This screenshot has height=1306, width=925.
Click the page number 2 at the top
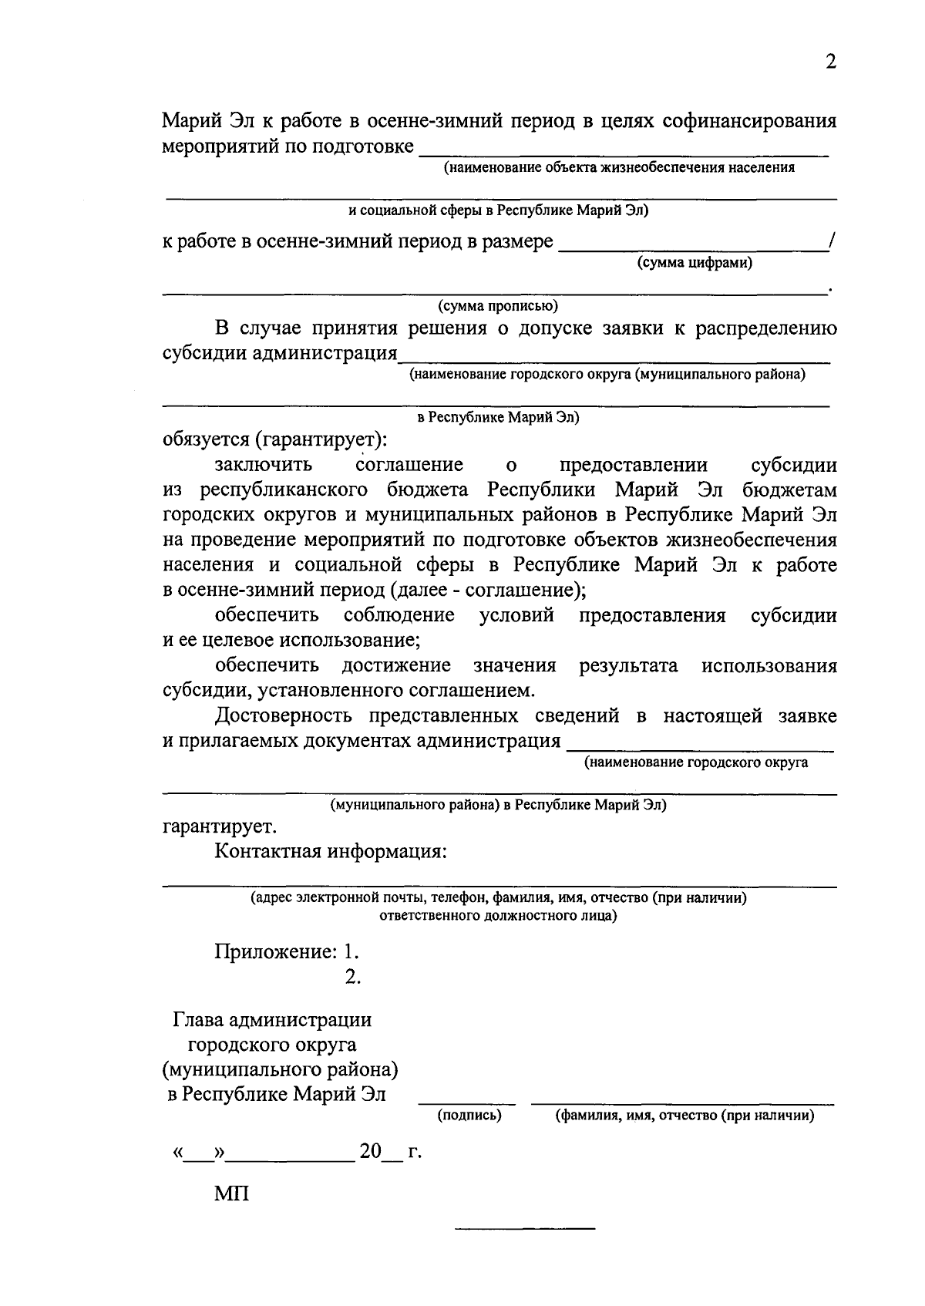tap(830, 62)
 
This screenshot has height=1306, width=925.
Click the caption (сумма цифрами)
tap(694, 264)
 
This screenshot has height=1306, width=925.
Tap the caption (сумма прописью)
tap(498, 306)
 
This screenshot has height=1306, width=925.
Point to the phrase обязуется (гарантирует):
tap(275, 439)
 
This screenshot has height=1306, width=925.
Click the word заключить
tap(264, 465)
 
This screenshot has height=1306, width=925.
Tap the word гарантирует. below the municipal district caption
tap(220, 826)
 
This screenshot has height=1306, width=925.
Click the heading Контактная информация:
tap(331, 852)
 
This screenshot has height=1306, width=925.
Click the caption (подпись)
tap(469, 1115)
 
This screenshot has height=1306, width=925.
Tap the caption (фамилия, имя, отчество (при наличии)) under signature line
tap(684, 1115)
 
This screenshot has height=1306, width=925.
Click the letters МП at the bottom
tap(232, 1194)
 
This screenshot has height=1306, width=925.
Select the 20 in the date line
tap(370, 1152)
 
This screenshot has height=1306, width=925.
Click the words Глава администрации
tap(271, 1020)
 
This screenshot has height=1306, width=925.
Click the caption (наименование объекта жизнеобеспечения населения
tap(619, 167)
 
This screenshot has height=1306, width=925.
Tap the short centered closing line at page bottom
tap(525, 1227)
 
